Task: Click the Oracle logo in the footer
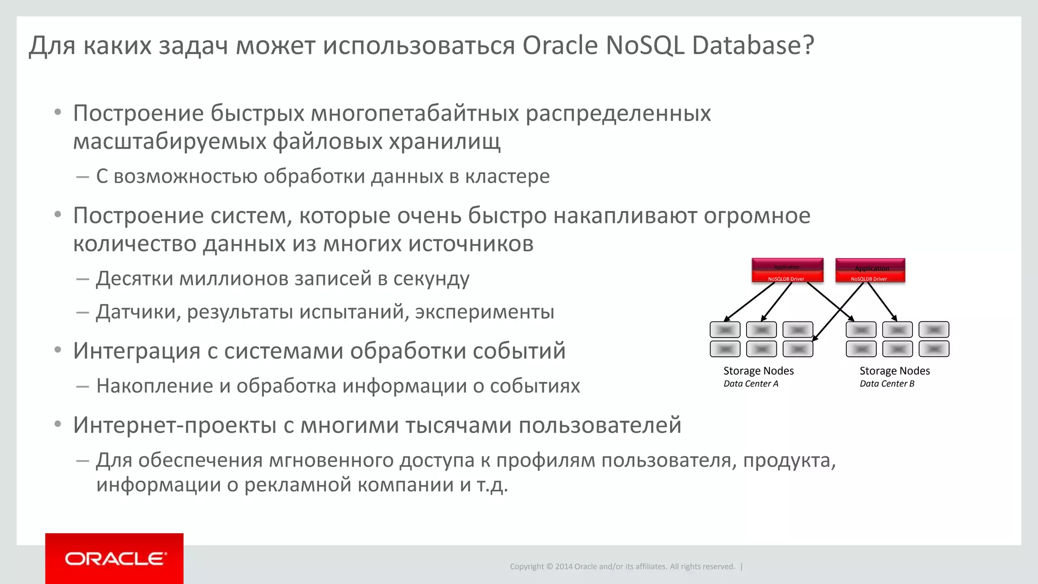pyautogui.click(x=115, y=559)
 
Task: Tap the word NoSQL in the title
pyautogui.click(x=645, y=45)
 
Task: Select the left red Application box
pyautogui.click(x=787, y=270)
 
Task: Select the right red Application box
pyautogui.click(x=870, y=270)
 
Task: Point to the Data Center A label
pyautogui.click(x=751, y=384)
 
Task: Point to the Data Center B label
pyautogui.click(x=887, y=384)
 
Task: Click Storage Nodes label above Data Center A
pyautogui.click(x=758, y=371)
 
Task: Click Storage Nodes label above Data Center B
pyautogui.click(x=895, y=371)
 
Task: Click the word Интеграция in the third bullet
pyautogui.click(x=136, y=351)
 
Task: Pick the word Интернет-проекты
pyautogui.click(x=174, y=425)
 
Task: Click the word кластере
pyautogui.click(x=507, y=176)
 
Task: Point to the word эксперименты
pyautogui.click(x=485, y=312)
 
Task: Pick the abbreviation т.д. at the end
pyautogui.click(x=492, y=485)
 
